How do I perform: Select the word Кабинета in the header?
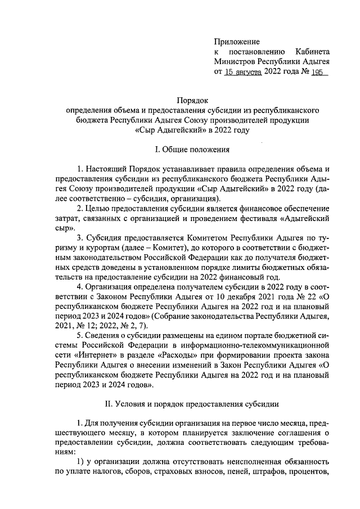click(311, 52)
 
